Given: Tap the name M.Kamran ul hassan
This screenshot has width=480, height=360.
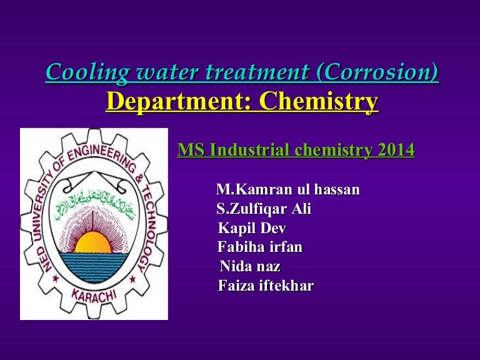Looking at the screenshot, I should click(287, 189).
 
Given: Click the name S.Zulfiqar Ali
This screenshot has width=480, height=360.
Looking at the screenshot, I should click(263, 209).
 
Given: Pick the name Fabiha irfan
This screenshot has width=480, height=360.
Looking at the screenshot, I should click(260, 247).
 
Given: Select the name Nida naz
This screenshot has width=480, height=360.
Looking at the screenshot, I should click(251, 267).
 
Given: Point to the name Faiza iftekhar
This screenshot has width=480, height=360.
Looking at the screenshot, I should click(266, 286).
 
